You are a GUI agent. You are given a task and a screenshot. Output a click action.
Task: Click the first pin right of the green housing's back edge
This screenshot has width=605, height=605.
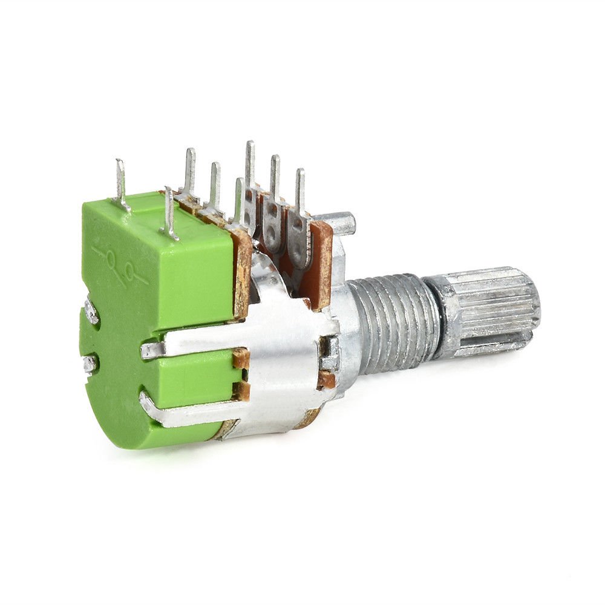pyautogui.click(x=189, y=172)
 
